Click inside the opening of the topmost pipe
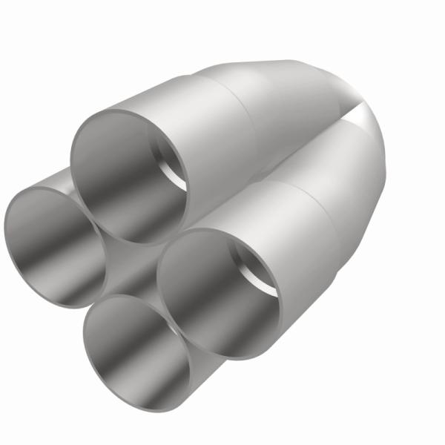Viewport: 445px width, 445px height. click(126, 178)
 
